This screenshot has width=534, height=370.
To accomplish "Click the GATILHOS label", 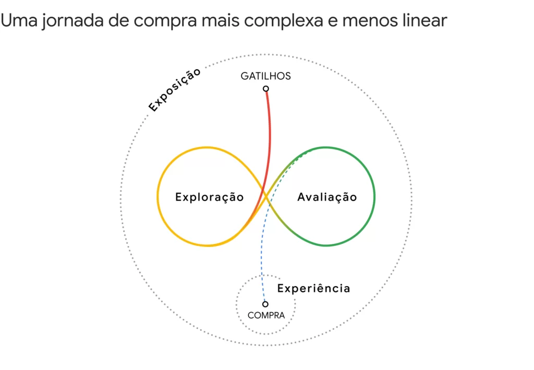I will click(265, 76).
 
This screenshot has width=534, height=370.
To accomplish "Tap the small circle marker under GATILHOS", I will click(266, 89).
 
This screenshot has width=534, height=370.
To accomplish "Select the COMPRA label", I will click(266, 315).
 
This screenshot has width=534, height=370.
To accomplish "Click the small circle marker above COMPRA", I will click(265, 304).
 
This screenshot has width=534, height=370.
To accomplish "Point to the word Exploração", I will click(209, 198).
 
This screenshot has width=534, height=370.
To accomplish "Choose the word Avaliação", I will click(327, 198).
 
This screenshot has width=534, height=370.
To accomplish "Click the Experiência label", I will click(313, 288).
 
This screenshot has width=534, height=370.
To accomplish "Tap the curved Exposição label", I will click(174, 90).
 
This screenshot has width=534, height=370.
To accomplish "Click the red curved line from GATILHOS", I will click(270, 135).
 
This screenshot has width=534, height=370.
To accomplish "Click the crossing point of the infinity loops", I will click(265, 196).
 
